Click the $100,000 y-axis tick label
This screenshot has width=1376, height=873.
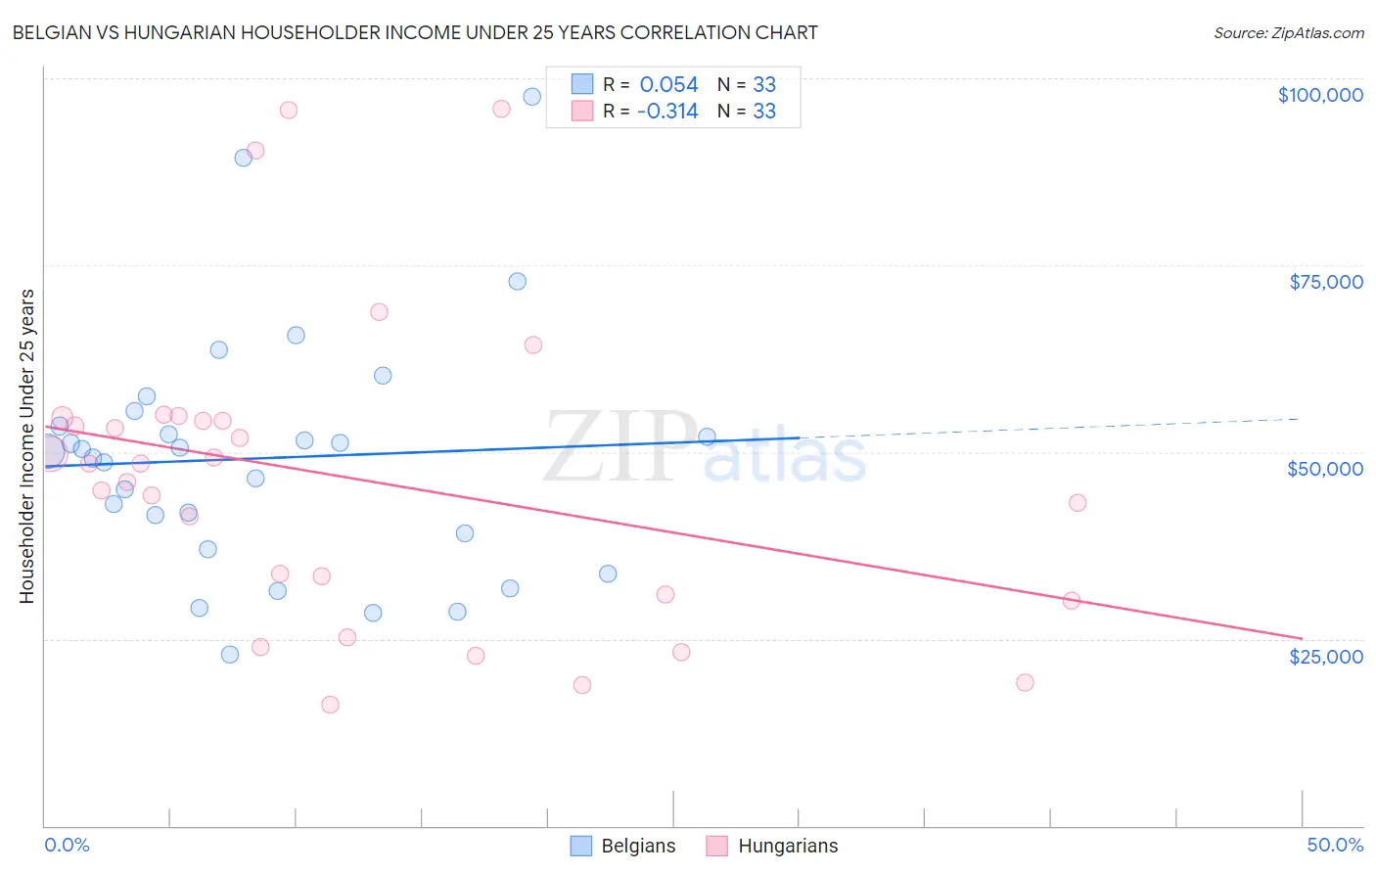pos(1319,95)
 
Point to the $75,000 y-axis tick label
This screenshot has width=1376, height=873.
pos(1325,282)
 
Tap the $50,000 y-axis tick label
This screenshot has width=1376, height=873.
pos(1324,469)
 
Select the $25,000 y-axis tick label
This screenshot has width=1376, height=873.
pos(1325,656)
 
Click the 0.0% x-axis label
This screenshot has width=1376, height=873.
pos(67,845)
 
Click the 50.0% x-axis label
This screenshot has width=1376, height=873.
pos(1334,845)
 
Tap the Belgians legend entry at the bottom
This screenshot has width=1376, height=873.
pos(622,846)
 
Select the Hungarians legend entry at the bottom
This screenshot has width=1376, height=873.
pos(771,846)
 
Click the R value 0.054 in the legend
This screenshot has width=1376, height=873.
pos(668,85)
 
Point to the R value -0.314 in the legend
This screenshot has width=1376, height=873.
pos(666,112)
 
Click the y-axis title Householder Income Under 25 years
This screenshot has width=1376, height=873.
pos(26,445)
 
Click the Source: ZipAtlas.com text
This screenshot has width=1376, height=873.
pos(1288,33)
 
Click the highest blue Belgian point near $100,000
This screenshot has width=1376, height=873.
pos(532,96)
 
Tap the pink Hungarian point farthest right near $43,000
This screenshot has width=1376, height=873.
pos(1078,503)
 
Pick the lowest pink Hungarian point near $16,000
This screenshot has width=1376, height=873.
pos(330,705)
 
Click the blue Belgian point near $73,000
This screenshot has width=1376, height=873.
pos(518,282)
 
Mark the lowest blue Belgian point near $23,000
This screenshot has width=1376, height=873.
pos(230,655)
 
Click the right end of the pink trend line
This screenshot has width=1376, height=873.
pos(1301,638)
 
